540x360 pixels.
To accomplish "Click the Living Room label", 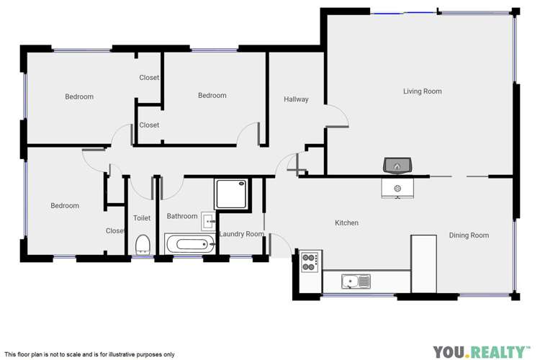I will tap(422, 91).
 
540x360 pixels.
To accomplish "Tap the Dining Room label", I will tap(469, 235).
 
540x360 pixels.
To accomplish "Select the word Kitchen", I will tap(346, 223).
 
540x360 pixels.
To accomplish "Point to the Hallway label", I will tap(296, 99).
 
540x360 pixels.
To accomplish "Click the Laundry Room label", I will tap(241, 234).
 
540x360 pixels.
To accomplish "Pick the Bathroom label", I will tap(181, 216).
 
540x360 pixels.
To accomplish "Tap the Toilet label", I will tap(142, 218).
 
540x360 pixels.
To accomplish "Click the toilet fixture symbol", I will tap(142, 243).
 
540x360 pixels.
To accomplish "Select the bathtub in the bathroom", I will tap(190, 243).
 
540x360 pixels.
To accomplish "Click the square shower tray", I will tap(232, 193).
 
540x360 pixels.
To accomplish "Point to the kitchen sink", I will tap(356, 280).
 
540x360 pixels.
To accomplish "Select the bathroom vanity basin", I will tap(207, 220).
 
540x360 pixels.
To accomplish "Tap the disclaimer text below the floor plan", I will tap(89, 354).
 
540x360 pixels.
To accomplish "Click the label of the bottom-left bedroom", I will tap(65, 206).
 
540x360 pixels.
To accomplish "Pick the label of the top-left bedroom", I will tap(79, 96).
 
